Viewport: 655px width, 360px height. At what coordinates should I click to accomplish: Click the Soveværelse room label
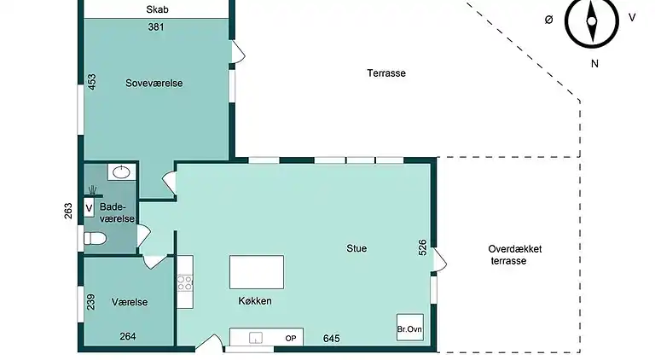(154, 83)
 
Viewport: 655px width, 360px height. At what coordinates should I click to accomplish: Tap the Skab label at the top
(156, 10)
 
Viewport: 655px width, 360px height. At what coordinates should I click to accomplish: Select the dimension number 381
(156, 26)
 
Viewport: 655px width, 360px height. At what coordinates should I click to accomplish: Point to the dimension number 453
(92, 83)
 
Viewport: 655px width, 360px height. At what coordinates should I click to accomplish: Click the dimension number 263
(68, 211)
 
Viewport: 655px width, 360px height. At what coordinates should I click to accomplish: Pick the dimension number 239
(92, 301)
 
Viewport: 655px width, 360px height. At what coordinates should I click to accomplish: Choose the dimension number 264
(127, 336)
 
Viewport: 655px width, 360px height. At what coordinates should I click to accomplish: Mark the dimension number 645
(333, 339)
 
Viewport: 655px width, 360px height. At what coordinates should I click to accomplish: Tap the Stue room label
(356, 249)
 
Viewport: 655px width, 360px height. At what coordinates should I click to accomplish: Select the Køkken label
(255, 301)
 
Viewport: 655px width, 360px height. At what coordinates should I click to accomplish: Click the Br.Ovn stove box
(409, 328)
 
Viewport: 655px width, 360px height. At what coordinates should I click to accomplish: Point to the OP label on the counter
(291, 339)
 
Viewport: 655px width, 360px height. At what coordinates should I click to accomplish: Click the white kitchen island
(256, 273)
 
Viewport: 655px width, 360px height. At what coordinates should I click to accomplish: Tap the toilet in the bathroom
(93, 239)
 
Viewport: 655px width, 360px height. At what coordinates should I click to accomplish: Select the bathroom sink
(122, 171)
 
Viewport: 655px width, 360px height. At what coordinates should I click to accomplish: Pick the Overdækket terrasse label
(515, 255)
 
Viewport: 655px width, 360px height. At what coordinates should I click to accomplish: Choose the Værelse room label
(130, 302)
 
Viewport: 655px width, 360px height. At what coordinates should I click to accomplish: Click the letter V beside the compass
(631, 17)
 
